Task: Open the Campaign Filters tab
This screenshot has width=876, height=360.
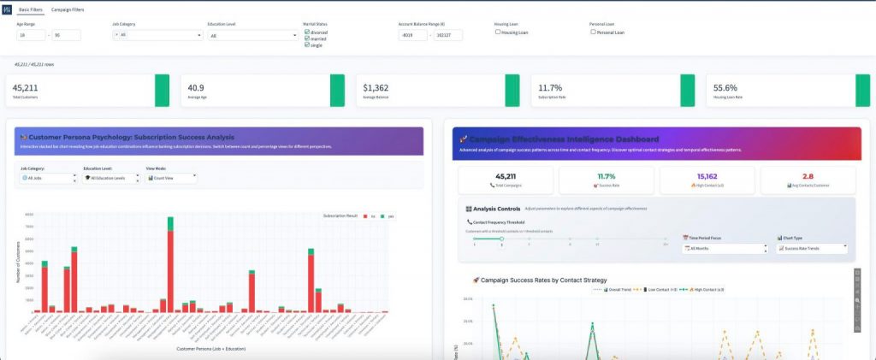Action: coord(68,9)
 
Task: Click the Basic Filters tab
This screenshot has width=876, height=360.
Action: coord(32,9)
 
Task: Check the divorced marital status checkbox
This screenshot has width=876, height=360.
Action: coord(308,32)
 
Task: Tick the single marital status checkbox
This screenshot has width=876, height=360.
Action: coord(308,44)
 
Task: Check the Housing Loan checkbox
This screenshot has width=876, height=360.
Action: coord(498,32)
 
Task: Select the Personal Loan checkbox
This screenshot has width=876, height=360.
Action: coord(593,32)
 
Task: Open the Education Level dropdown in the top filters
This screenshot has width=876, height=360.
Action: coord(252,35)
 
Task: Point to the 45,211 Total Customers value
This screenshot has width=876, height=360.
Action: coord(25,87)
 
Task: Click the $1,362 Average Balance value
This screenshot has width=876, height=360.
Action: coord(376,87)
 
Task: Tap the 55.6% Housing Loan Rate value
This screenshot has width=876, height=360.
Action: coord(725,87)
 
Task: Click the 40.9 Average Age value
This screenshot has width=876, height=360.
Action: coord(196,87)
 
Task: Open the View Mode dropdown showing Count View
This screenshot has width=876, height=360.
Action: coord(171,178)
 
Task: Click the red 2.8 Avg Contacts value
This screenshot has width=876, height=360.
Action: coord(808,175)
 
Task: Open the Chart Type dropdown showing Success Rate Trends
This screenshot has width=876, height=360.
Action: coord(811,248)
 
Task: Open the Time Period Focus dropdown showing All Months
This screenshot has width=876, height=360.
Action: coord(725,248)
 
